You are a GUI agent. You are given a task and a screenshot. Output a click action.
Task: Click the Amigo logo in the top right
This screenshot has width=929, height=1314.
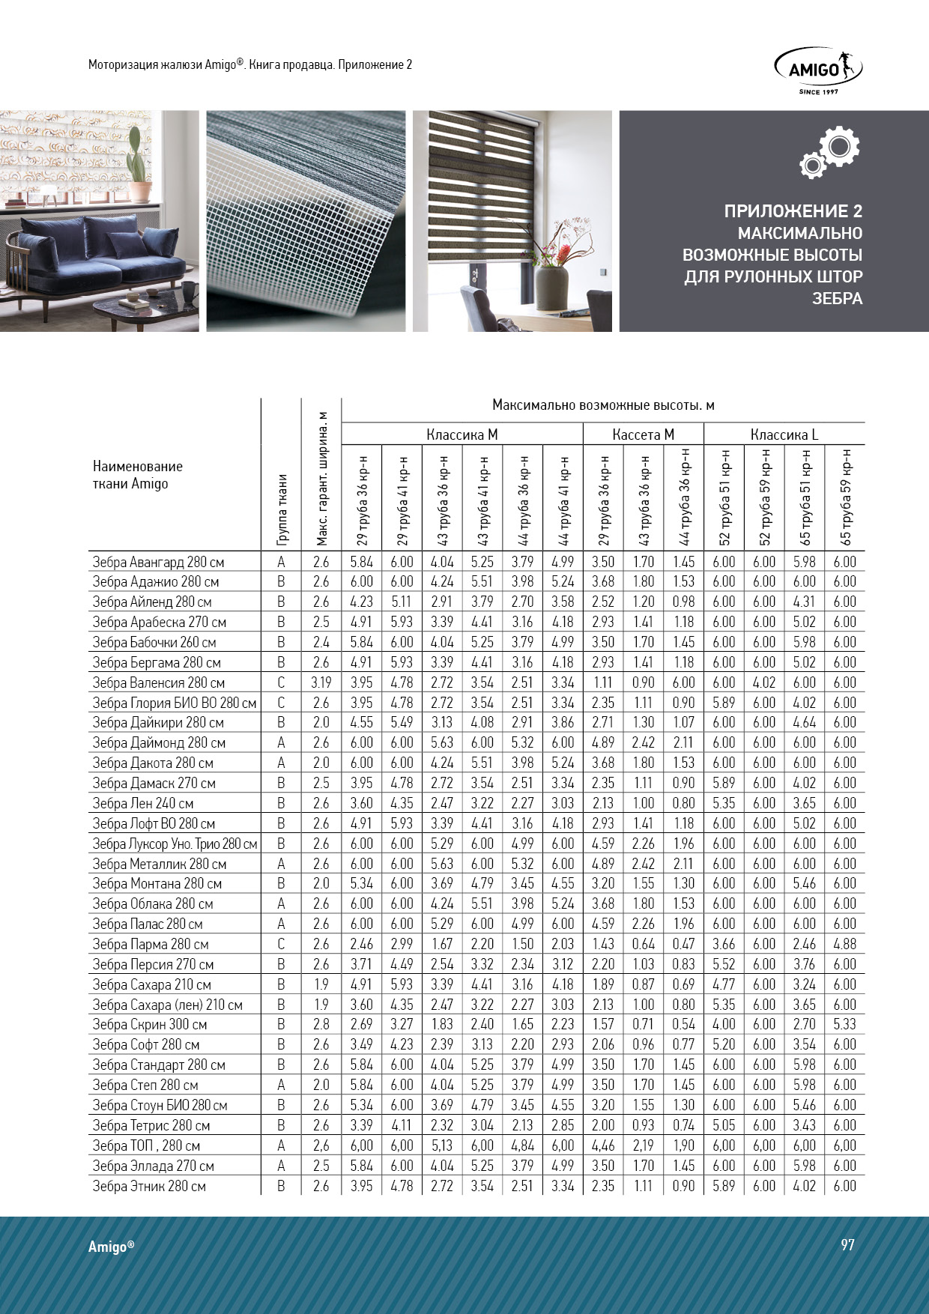tap(817, 70)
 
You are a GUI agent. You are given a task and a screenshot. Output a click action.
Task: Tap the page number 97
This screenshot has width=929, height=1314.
tap(847, 1244)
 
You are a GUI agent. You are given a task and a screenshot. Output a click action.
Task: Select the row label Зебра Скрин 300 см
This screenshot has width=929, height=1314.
tap(149, 1024)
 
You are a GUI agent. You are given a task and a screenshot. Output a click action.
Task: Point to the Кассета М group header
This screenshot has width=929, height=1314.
tap(643, 435)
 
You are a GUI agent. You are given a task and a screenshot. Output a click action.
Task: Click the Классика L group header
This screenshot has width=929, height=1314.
tap(784, 435)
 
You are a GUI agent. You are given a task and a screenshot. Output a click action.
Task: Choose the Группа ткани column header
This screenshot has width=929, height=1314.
tap(282, 509)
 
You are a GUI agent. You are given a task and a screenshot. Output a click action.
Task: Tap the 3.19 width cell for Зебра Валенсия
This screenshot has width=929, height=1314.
tap(321, 682)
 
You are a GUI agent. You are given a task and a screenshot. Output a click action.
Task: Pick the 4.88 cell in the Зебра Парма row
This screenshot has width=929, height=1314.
tap(844, 944)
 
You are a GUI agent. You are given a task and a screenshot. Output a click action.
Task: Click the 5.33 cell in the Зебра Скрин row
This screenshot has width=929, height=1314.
tap(844, 1024)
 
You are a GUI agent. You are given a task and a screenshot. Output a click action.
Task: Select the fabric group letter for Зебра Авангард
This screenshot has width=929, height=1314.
tap(281, 562)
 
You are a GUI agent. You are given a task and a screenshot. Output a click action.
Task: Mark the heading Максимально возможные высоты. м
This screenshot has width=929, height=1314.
tap(602, 405)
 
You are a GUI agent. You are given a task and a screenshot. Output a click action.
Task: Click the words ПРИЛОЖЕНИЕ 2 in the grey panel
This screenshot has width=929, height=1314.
tap(793, 211)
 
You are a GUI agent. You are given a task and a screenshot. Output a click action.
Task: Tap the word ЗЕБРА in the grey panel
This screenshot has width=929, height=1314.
tap(837, 298)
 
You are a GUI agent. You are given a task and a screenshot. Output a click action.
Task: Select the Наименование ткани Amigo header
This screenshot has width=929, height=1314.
tap(137, 475)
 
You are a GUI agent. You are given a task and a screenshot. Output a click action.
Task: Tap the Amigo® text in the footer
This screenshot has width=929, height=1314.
tap(111, 1247)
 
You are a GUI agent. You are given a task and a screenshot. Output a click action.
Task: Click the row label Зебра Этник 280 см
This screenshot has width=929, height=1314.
tap(148, 1186)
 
